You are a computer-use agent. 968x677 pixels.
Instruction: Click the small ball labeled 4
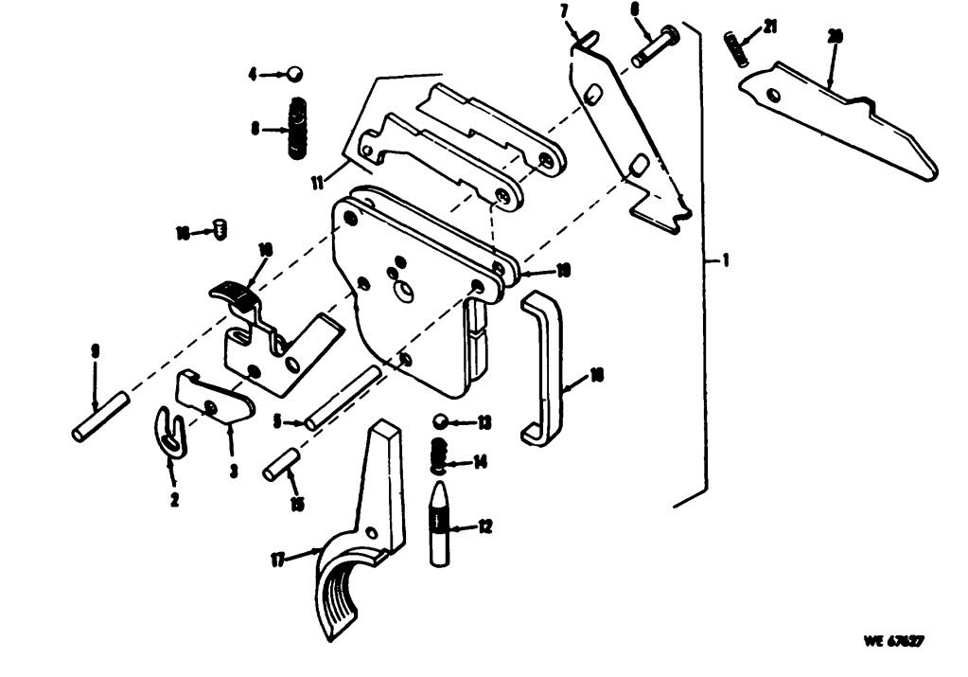pyautogui.click(x=295, y=73)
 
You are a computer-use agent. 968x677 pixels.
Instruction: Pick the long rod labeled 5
pyautogui.click(x=343, y=398)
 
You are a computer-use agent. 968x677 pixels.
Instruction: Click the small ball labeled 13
pyautogui.click(x=441, y=420)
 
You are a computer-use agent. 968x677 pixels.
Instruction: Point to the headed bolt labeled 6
pyautogui.click(x=652, y=45)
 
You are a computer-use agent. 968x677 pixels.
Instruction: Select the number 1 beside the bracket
pyautogui.click(x=725, y=262)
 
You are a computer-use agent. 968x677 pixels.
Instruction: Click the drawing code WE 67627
pyautogui.click(x=892, y=641)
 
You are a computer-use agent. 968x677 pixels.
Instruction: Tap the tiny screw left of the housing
pyautogui.click(x=220, y=229)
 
